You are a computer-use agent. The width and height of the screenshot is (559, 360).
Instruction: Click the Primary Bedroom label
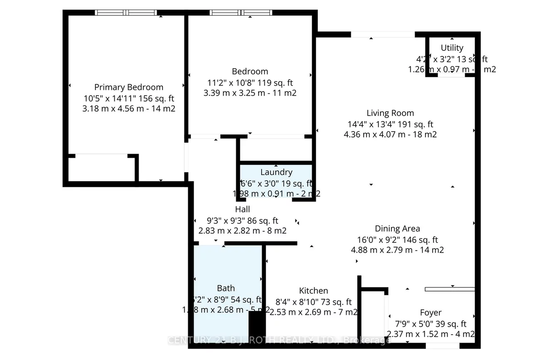129,87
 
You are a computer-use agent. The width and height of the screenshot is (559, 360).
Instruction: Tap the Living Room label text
390,113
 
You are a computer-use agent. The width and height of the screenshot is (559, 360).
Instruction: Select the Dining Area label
397,229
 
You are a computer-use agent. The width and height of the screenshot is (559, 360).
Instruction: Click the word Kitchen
314,291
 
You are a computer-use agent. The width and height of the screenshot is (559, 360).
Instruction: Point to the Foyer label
430,313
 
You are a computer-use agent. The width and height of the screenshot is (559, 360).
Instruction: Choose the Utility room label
452,48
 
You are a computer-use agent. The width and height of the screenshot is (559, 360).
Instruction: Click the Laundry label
276,172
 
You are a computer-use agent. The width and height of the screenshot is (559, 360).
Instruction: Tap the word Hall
242,209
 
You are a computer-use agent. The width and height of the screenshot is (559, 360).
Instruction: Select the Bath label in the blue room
226,288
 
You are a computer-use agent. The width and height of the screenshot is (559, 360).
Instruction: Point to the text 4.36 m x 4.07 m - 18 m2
390,134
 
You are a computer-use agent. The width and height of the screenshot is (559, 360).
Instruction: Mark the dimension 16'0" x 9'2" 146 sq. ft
397,240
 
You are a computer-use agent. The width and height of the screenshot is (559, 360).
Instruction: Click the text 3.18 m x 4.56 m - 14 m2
129,108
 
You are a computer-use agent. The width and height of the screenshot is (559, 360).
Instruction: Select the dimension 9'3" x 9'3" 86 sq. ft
242,221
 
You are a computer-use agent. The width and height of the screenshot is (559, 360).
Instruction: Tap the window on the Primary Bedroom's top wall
126,12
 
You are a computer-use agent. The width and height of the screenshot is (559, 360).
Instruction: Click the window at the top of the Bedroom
241,12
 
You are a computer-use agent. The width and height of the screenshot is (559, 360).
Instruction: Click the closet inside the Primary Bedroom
101,168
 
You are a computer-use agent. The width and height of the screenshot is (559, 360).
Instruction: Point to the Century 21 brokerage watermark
279,340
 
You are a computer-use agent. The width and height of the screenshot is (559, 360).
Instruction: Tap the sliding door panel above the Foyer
450,289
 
